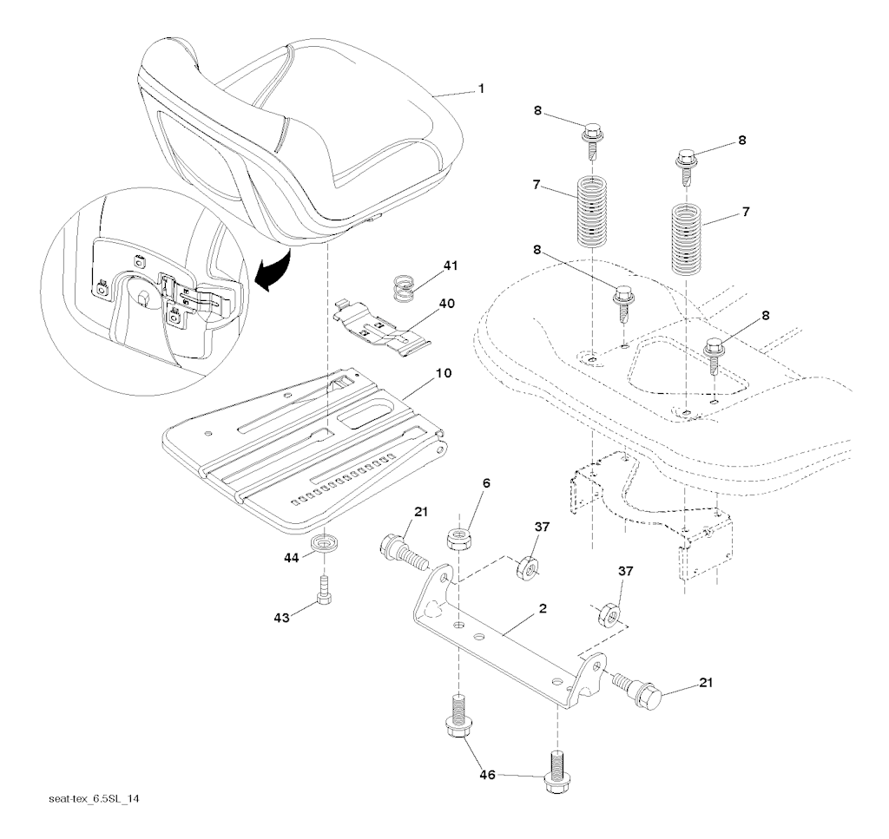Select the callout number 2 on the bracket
[542, 609]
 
